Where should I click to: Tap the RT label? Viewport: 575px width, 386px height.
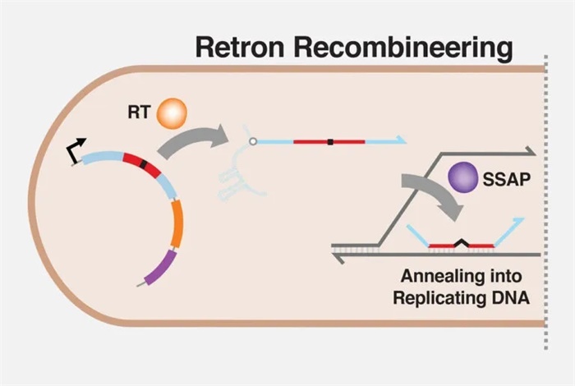pyautogui.click(x=138, y=110)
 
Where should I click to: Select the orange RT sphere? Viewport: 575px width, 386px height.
pyautogui.click(x=172, y=113)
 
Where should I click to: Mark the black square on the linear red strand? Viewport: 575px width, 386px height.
pyautogui.click(x=330, y=142)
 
